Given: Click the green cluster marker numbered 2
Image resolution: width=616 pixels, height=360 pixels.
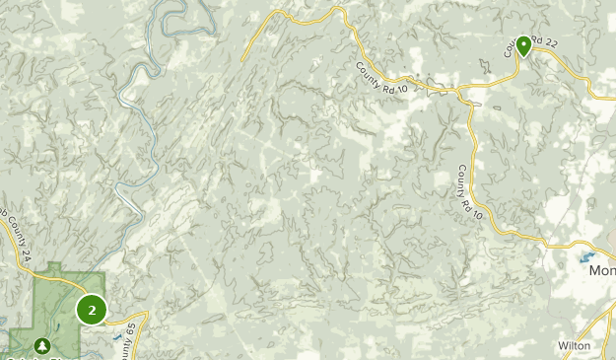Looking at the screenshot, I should point(92,311).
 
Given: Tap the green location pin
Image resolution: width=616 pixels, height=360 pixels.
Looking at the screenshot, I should point(523,44).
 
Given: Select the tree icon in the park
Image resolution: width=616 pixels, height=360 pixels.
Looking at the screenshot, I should point(43,345).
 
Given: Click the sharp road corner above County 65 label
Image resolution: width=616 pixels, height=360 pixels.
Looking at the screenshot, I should point(146,314).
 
